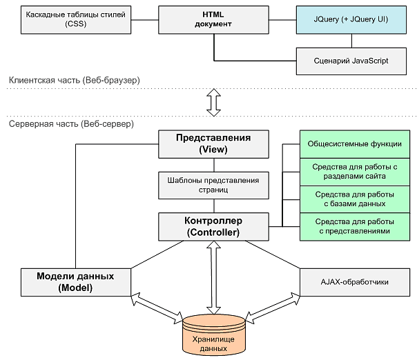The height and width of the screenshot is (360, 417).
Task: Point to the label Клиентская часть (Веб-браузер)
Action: (75, 81)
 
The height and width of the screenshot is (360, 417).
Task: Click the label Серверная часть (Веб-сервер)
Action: (72, 124)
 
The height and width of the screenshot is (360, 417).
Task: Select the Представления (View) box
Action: (213, 143)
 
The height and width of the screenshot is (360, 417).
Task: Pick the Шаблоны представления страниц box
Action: (213, 185)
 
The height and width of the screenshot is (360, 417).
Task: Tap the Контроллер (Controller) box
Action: (213, 226)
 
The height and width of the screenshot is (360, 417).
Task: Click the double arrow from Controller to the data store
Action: (213, 276)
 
